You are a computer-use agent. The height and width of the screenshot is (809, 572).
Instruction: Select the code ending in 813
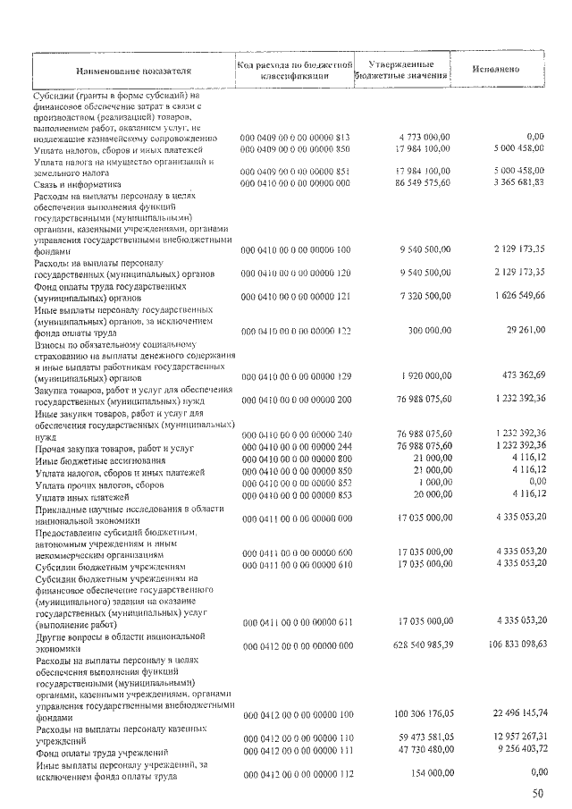[296, 138]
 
